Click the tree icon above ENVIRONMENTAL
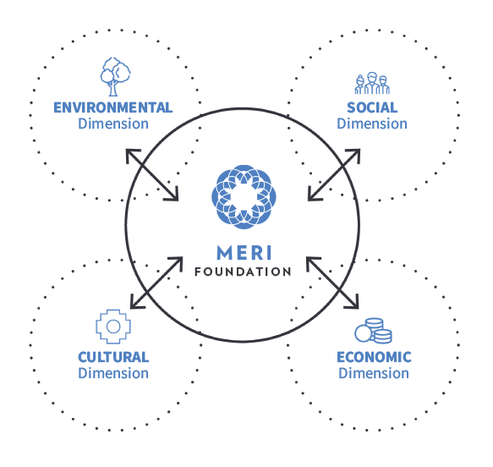(115, 76)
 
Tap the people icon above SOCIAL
(372, 83)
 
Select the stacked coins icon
(373, 330)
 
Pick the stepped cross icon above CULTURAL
(113, 327)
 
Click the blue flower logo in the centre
(244, 197)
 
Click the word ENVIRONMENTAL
(112, 107)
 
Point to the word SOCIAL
(372, 107)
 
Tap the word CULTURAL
(113, 357)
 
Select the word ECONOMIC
(374, 357)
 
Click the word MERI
(244, 253)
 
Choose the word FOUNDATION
(243, 272)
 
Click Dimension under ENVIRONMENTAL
(113, 124)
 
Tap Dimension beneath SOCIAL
(372, 124)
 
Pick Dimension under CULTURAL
(113, 373)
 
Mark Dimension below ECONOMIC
(374, 373)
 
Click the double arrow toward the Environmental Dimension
(152, 175)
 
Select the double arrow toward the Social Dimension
(334, 175)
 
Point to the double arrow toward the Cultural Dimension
(156, 283)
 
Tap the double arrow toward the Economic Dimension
(332, 283)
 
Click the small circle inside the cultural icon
(113, 327)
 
